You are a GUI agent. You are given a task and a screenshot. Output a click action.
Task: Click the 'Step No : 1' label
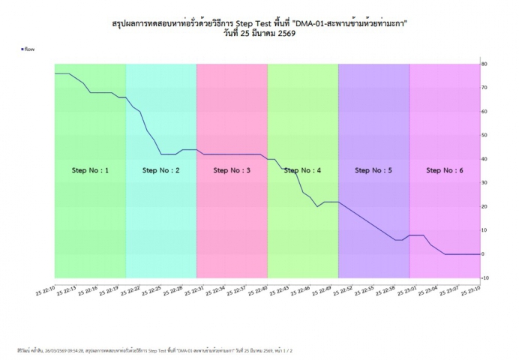pos(90,170)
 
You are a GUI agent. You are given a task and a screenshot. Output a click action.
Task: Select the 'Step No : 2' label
pos(160,170)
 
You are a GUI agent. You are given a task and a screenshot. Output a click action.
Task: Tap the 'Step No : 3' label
pos(232,170)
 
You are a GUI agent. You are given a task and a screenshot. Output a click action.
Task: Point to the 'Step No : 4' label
pos(302,170)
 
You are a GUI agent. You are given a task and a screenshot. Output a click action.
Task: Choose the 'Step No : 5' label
pos(373,170)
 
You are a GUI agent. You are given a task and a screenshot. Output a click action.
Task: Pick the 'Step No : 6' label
pos(445,170)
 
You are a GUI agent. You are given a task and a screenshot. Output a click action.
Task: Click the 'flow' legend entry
pos(29,49)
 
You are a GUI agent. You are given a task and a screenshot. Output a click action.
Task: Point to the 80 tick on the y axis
pos(485,64)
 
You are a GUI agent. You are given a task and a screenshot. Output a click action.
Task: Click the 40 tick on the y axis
pos(485,159)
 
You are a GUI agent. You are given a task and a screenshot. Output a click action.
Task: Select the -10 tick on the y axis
pos(485,277)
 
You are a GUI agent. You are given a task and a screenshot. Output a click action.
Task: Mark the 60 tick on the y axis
pos(485,111)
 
